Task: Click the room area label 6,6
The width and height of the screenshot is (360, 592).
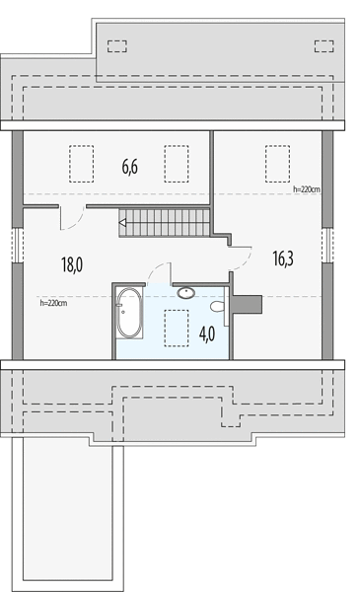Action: [130, 167]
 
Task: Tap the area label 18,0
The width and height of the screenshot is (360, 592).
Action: [72, 264]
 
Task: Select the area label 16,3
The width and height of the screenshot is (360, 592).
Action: [283, 259]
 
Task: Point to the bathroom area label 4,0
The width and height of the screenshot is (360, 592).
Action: [207, 333]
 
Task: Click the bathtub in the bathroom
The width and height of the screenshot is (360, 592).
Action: [129, 313]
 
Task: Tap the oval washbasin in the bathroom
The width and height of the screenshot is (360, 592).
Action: [186, 293]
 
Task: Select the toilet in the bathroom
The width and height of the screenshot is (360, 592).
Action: [218, 306]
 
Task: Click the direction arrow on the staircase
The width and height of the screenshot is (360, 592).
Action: [123, 223]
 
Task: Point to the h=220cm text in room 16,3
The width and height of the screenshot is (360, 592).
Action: [307, 189]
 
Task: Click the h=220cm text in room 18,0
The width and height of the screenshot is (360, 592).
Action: [53, 303]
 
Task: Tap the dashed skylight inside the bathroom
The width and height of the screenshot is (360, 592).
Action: [177, 329]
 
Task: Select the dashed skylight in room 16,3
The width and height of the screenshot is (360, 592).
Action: [278, 164]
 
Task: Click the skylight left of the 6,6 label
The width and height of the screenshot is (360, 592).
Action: [82, 164]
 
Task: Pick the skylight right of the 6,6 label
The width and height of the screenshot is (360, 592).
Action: [177, 164]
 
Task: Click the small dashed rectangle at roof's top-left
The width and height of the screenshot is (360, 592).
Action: [117, 46]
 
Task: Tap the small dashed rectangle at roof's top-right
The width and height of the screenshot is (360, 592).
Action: [324, 46]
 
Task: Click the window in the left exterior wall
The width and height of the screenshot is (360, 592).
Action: [18, 245]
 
